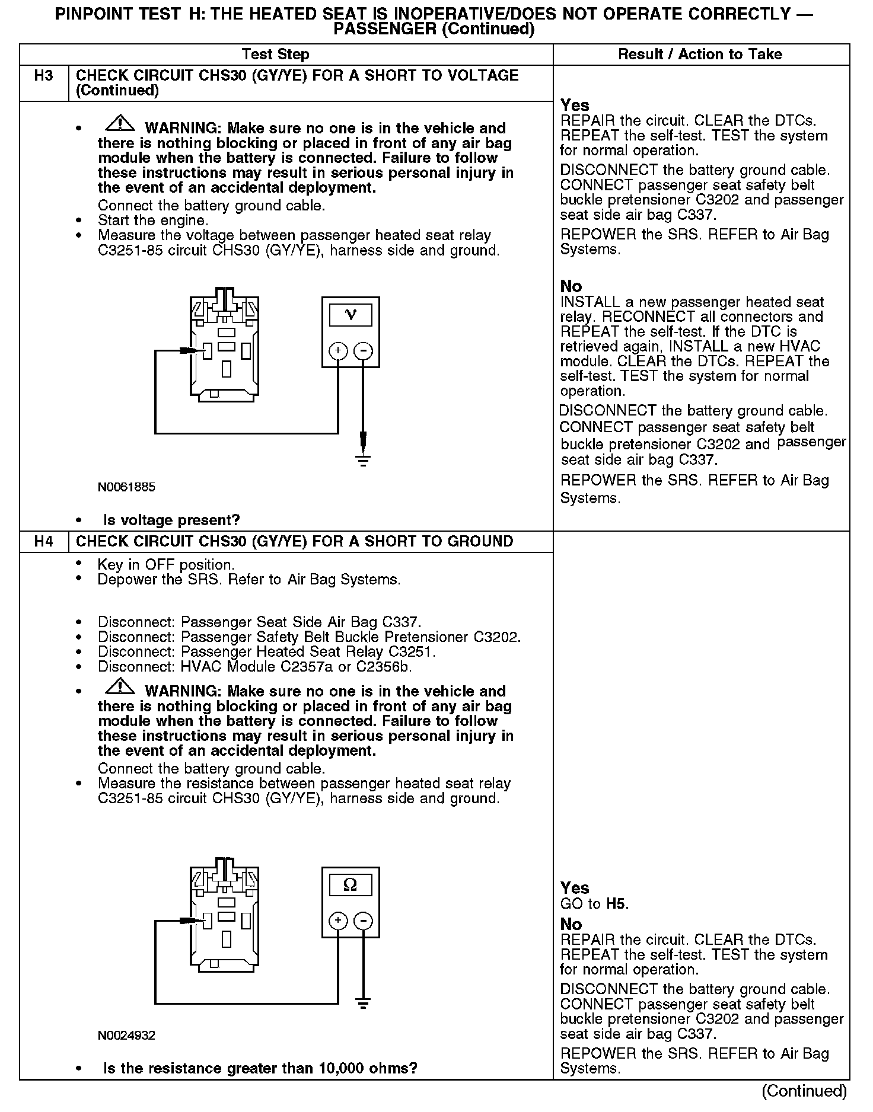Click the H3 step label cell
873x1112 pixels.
point(44,76)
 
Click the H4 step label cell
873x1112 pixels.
point(44,541)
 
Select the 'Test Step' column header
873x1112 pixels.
point(276,55)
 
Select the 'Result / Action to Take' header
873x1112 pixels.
point(700,55)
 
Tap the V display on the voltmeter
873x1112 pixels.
point(351,315)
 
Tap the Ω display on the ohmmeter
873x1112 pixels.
point(351,886)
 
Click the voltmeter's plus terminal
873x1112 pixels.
point(338,351)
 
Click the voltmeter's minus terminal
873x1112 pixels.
point(363,351)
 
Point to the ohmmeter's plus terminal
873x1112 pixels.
point(338,921)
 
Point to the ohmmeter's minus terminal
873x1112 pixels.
point(363,921)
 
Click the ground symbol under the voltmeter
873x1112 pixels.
point(363,460)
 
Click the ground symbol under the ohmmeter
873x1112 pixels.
point(363,1003)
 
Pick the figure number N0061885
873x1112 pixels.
point(126,487)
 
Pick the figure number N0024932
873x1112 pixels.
point(126,1036)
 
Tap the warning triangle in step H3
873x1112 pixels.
point(120,123)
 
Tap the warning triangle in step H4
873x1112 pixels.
point(120,686)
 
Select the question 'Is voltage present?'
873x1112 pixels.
point(171,520)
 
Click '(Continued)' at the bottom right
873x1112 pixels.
point(804,1091)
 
